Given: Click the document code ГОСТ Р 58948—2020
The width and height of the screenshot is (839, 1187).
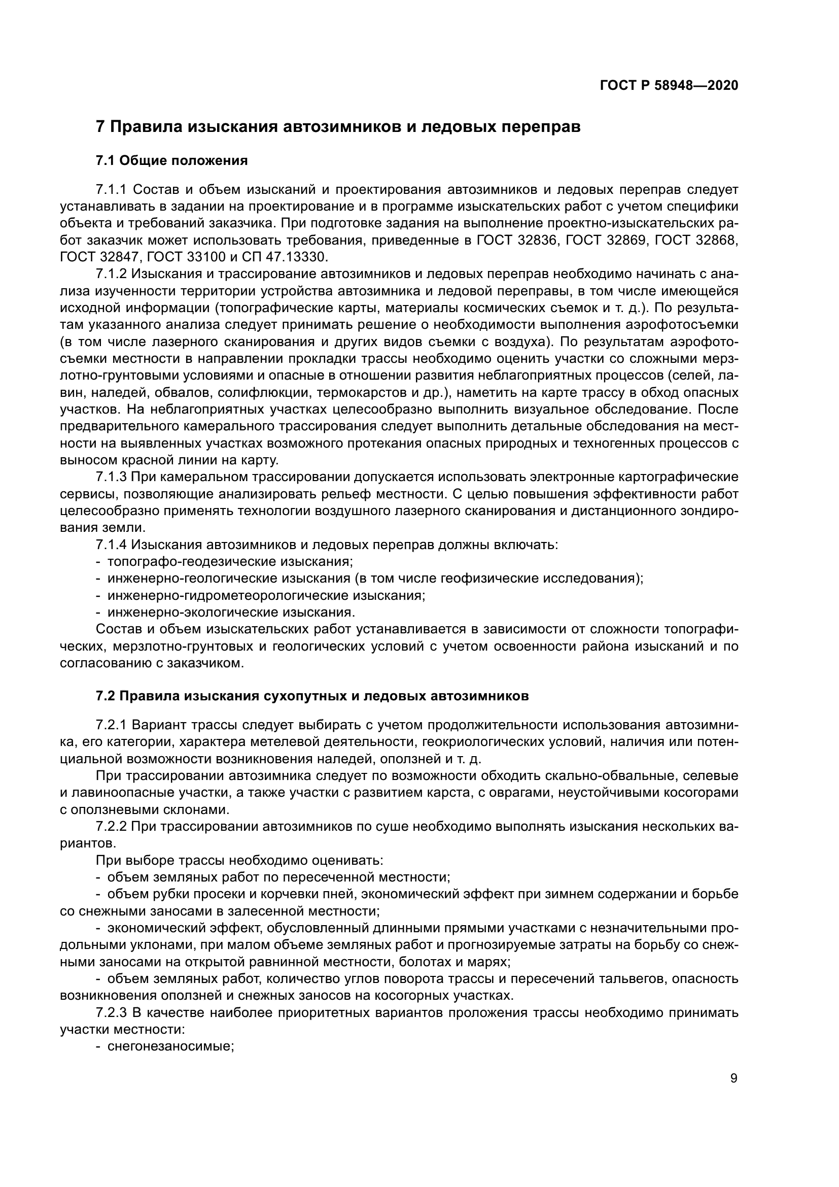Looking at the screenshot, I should (669, 86).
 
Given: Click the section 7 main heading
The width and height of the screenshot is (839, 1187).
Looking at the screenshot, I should (338, 127).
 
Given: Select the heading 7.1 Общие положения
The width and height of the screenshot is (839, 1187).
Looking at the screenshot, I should (171, 161).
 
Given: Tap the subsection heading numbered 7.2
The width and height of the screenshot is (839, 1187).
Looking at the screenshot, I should (312, 696).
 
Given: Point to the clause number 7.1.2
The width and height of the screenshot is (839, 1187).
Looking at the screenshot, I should (111, 274).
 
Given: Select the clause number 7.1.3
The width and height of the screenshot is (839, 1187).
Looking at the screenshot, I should (111, 477).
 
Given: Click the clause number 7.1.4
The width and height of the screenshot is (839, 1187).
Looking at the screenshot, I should (111, 545).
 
